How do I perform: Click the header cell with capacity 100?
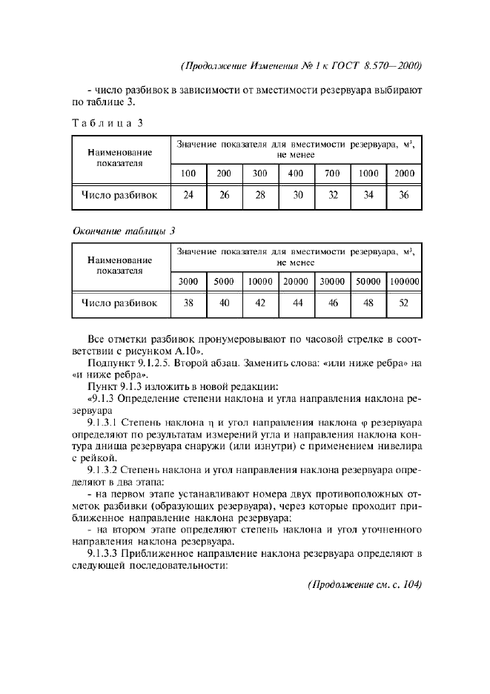[x=189, y=173]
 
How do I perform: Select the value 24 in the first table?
[x=189, y=196]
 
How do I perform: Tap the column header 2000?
[x=404, y=173]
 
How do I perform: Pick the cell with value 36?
[x=404, y=196]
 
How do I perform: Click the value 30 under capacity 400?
[x=297, y=196]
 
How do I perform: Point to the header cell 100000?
[x=405, y=282]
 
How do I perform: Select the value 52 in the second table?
[x=405, y=303]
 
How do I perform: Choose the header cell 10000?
[x=260, y=282]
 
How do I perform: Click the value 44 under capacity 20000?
[x=297, y=303]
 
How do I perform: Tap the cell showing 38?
[x=189, y=303]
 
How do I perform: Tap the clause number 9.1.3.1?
[x=107, y=421]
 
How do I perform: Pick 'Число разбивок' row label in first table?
[x=119, y=196]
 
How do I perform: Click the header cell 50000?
[x=368, y=282]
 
